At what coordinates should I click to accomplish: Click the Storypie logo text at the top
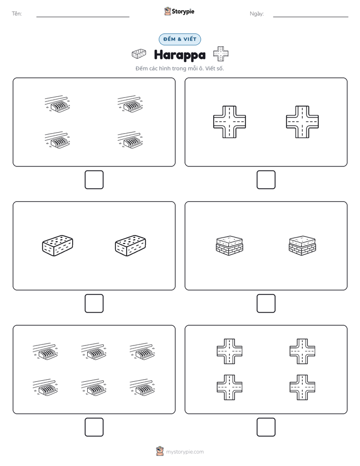pos(183,12)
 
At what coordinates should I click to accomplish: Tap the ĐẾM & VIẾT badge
pos(179,39)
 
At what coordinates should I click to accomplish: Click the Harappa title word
pos(179,55)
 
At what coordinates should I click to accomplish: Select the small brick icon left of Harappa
pos(139,54)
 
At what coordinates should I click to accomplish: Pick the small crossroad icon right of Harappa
pos(221,54)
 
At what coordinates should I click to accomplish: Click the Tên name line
pos(83,17)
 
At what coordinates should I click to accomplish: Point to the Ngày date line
pos(311,17)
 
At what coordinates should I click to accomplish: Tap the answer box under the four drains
pos(94,180)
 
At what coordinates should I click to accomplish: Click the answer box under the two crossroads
pos(266,180)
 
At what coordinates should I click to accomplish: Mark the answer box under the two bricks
pos(94,304)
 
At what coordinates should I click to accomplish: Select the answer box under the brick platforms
pos(266,304)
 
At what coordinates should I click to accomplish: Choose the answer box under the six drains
pos(94,427)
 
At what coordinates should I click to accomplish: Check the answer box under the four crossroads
pos(266,427)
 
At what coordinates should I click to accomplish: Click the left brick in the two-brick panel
pos(57,246)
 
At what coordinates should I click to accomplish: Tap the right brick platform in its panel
pos(303,246)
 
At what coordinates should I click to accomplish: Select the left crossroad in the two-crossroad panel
pos(229,122)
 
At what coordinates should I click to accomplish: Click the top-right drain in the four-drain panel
pos(130,104)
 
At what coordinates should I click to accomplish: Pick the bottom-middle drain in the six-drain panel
pos(94,387)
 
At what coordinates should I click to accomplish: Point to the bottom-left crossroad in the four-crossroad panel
pos(229,387)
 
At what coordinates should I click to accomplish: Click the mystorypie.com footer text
pos(185,452)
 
